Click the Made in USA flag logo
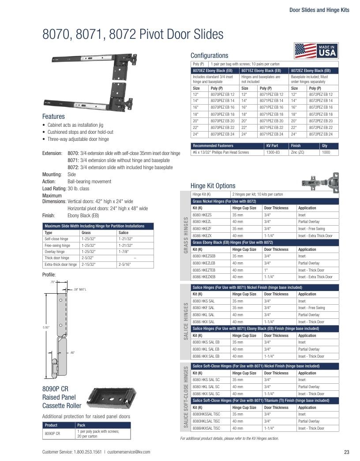tap(316, 51)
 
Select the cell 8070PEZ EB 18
tap(222, 114)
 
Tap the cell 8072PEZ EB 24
tap(321, 134)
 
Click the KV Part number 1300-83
tap(273, 152)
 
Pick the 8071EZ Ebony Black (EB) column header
tap(261, 71)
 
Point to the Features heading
tap(53, 117)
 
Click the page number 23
tap(346, 452)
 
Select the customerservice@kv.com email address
tap(129, 452)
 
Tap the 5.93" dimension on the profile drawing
tap(46, 327)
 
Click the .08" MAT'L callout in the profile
tap(80, 290)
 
